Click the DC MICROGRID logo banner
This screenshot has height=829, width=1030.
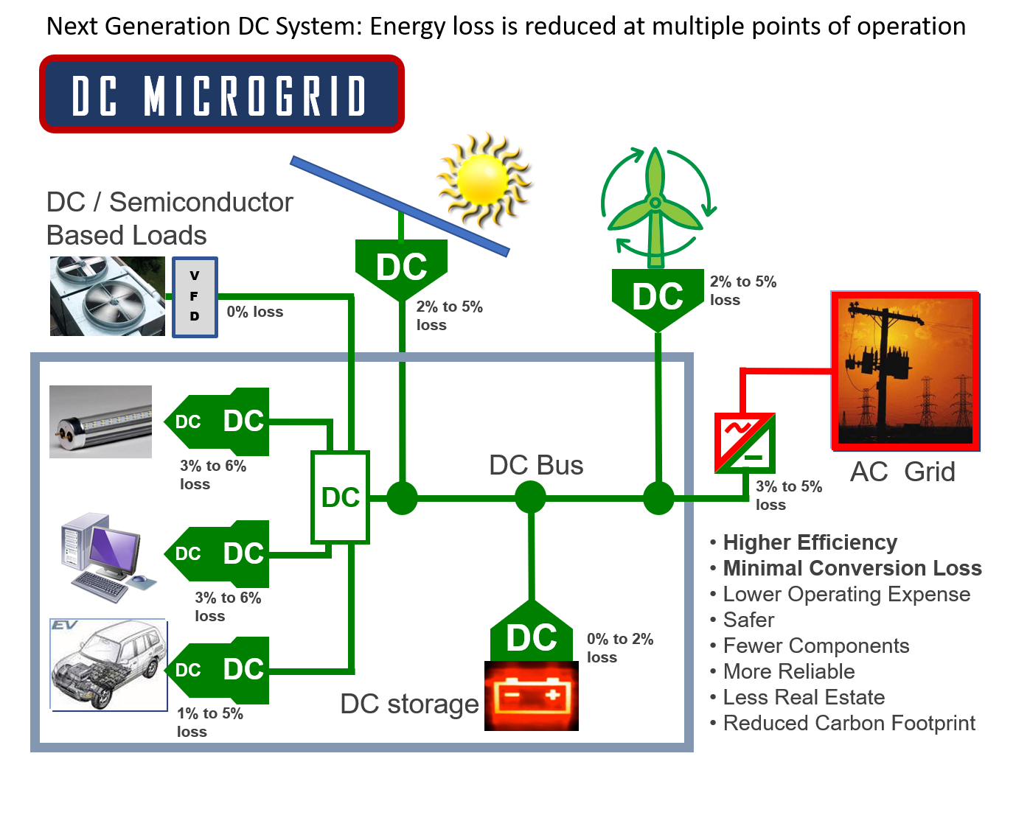(x=221, y=94)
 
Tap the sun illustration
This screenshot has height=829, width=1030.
(x=483, y=179)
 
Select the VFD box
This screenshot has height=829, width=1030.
(x=195, y=297)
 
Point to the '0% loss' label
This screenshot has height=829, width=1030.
(x=254, y=312)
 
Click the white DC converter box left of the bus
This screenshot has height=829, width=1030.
(x=340, y=497)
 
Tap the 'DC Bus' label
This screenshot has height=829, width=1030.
(x=536, y=465)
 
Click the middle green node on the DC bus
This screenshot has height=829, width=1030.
(x=530, y=497)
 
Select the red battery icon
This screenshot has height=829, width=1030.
(x=531, y=696)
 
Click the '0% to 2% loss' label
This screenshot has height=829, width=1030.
(x=619, y=648)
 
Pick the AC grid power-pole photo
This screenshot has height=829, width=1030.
(x=905, y=371)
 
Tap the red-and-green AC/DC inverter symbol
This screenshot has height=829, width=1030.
(x=745, y=443)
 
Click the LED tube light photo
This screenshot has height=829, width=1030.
(x=100, y=422)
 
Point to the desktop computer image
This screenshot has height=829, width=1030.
(x=108, y=556)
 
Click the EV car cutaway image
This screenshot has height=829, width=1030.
(x=108, y=665)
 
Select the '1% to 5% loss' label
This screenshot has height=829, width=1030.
(x=209, y=722)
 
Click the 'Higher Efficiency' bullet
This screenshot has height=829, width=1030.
(x=810, y=542)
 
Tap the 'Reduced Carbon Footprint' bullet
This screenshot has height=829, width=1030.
(x=849, y=723)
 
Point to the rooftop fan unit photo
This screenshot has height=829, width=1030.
(x=108, y=296)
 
